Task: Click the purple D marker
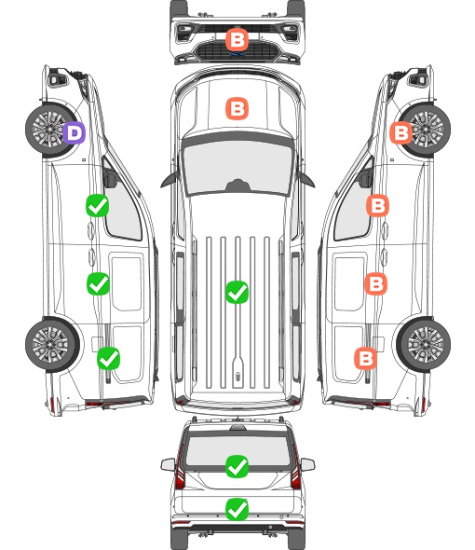click(x=74, y=133)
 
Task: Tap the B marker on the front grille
click(x=237, y=40)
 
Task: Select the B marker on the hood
click(x=237, y=109)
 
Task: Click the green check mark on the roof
click(x=237, y=292)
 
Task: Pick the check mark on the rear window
click(x=237, y=466)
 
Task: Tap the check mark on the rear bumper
click(x=237, y=509)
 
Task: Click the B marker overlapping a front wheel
click(x=401, y=133)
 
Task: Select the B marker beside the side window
click(x=377, y=205)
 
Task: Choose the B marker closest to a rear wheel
click(x=366, y=359)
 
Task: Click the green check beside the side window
click(x=98, y=205)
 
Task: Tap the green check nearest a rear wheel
click(x=108, y=359)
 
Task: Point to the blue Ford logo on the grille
click(x=237, y=54)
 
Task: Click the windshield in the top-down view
click(x=237, y=166)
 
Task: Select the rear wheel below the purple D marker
click(x=52, y=345)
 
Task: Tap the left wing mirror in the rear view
click(x=168, y=464)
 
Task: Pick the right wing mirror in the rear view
click(x=307, y=464)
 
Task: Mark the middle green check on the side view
click(x=98, y=283)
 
